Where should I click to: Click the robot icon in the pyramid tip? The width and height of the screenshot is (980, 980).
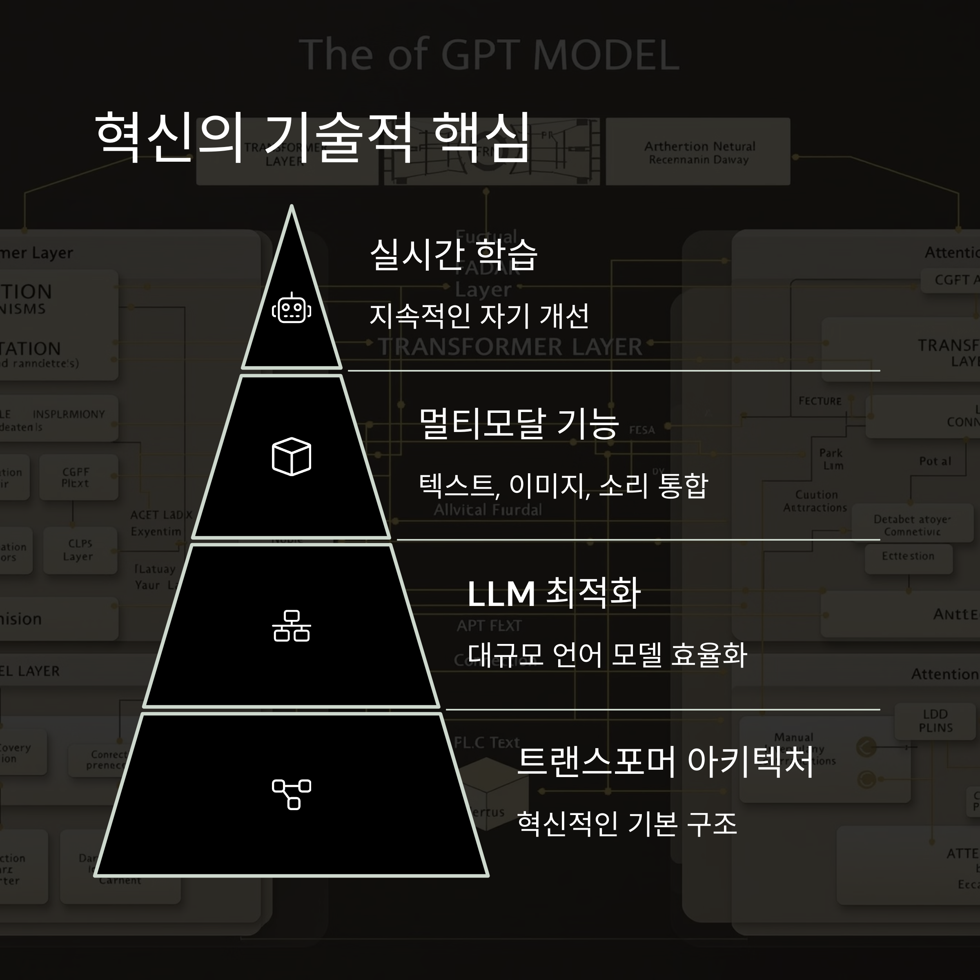[x=292, y=308]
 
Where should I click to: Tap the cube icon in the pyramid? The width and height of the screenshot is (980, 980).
[x=292, y=457]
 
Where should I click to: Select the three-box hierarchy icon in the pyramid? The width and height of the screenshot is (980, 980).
[x=292, y=626]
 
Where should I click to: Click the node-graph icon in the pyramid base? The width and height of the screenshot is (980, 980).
[x=292, y=794]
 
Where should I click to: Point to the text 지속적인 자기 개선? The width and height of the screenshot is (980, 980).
[x=479, y=316]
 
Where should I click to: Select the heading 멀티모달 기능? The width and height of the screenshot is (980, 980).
[x=519, y=423]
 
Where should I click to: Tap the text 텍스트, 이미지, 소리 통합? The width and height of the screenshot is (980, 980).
[x=563, y=486]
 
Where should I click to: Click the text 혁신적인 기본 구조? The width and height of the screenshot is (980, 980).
[x=626, y=823]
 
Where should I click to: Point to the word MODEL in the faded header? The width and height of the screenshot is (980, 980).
[x=606, y=55]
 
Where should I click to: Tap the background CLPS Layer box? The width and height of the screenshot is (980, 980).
[x=80, y=550]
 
